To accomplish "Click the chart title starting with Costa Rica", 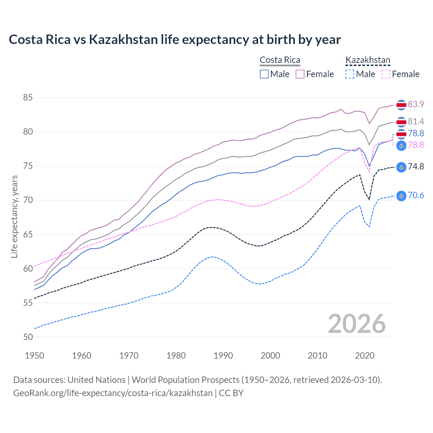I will coord(175,40).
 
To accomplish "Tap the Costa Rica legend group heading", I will coord(280,60).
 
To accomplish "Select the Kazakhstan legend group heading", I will coord(368,60).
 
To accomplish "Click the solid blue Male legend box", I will coord(264,74).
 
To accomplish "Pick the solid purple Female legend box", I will coord(300,74).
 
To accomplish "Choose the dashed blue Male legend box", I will coord(350,74).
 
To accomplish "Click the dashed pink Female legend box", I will coord(386,74).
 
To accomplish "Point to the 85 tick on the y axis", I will coord(28,98).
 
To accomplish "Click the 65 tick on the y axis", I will coord(28,234).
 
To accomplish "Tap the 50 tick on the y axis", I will coord(28,337).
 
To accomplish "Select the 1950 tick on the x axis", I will coord(35,356).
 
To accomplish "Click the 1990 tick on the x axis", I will coord(223,356).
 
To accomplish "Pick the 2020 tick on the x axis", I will coord(365,356).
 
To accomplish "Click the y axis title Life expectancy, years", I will coord(14,216).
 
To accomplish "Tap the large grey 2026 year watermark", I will coord(357,324).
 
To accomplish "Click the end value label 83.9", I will coord(416,104).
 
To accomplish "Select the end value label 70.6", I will coord(416,195).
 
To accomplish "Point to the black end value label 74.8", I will coord(416,166).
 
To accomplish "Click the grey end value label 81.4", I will coord(416,121).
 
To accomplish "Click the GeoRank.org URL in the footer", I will coord(113,393).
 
